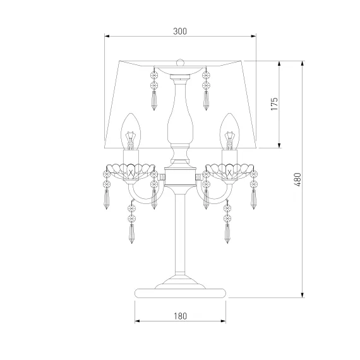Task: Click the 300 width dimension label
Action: point(180,31)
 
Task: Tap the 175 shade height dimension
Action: point(274,104)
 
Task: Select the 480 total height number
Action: point(297,179)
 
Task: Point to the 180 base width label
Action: point(180,316)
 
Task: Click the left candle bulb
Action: point(131,131)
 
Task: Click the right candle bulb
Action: point(229,131)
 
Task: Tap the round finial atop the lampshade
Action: point(180,62)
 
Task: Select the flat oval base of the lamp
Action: point(180,293)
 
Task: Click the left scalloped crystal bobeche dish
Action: point(130,171)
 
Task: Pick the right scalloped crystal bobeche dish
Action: point(230,171)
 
